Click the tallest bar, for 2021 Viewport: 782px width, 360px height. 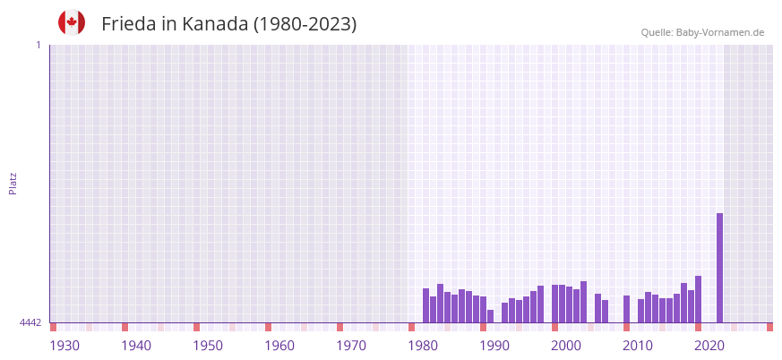(719, 268)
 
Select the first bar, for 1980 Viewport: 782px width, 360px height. (425, 305)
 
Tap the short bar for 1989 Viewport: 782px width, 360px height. (490, 316)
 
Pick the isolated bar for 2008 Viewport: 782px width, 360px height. (626, 309)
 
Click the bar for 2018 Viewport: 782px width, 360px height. (698, 299)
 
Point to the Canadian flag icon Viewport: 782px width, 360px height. (72, 23)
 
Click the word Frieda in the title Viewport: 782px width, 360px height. (129, 24)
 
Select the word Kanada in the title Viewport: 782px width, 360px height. (215, 24)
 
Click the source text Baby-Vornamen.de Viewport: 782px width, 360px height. (719, 32)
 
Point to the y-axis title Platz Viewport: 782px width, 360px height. (13, 183)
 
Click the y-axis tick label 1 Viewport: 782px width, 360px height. (38, 45)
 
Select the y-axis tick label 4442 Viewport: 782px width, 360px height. (30, 322)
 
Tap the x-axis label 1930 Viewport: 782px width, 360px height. (64, 346)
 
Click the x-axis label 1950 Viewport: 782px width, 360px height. (208, 346)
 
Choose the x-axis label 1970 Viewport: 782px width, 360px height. (351, 346)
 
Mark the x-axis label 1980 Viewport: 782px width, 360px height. (423, 346)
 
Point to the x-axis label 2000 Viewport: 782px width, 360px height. (566, 346)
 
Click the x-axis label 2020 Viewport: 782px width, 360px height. (709, 346)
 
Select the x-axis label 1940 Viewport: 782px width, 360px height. (136, 346)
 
